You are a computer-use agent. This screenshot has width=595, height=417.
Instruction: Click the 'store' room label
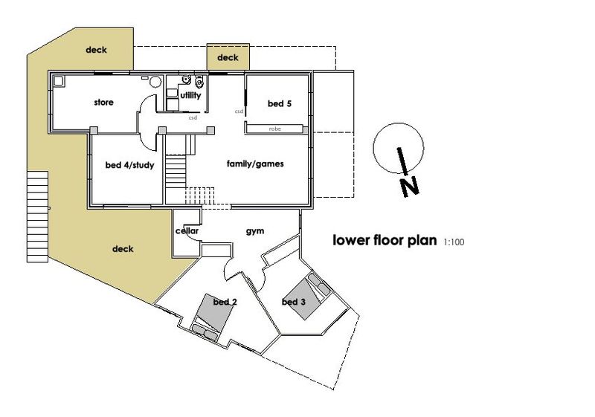coord(103,103)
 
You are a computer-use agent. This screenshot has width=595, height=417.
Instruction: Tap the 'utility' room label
coord(190,95)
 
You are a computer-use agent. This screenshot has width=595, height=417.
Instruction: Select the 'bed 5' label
coord(280,103)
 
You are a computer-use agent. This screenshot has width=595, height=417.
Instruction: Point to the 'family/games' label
coord(255,164)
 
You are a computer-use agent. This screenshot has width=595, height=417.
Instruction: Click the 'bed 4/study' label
coord(129,165)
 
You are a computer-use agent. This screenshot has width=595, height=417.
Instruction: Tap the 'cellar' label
coord(187,230)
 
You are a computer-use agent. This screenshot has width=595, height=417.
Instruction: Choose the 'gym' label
coord(255,231)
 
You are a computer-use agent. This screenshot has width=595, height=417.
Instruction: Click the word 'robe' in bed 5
coord(274,129)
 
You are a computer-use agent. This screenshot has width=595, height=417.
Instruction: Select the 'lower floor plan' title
coord(385,240)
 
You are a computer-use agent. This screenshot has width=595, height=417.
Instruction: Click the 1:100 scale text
coord(454,242)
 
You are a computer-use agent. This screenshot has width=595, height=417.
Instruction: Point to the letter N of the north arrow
coord(410,187)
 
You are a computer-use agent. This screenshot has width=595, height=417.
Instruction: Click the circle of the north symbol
coord(399,123)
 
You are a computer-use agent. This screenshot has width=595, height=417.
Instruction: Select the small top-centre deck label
coord(228,58)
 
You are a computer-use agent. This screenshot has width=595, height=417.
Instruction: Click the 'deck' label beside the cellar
coord(123,249)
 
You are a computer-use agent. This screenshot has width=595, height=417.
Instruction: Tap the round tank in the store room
coord(155,82)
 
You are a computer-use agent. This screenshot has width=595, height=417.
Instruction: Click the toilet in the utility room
coord(199,81)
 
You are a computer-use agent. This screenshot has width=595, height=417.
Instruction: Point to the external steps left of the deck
coord(38,217)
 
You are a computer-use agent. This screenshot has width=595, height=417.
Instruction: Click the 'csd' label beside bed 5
coord(239,111)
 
